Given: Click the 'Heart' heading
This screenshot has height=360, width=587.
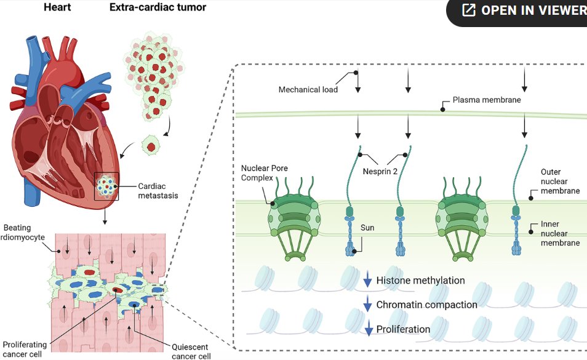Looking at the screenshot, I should [57, 7].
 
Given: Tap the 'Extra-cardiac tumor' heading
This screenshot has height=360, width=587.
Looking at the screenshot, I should [158, 7].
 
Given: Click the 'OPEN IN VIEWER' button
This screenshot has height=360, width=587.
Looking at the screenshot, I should [523, 10].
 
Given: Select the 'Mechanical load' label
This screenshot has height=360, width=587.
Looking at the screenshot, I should [308, 89].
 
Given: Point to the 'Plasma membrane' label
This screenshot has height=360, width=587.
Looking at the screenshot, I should [486, 100].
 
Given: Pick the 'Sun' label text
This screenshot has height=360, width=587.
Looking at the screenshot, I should [367, 228].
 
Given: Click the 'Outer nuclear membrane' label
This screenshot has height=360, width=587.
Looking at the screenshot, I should [559, 182].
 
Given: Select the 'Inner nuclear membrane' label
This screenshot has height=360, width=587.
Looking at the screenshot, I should [559, 234].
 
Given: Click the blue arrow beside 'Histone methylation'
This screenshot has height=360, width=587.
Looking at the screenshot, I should [368, 281].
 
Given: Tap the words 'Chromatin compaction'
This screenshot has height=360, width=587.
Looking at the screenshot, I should [426, 305].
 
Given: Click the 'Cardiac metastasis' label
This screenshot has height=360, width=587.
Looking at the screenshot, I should [158, 191].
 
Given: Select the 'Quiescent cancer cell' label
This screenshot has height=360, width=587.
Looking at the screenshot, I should [191, 351].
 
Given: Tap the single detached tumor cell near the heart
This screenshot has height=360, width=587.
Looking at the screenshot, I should [150, 146].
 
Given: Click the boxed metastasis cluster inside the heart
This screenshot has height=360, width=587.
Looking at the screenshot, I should [106, 186].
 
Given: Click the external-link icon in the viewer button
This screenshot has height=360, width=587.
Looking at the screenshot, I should [469, 10].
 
